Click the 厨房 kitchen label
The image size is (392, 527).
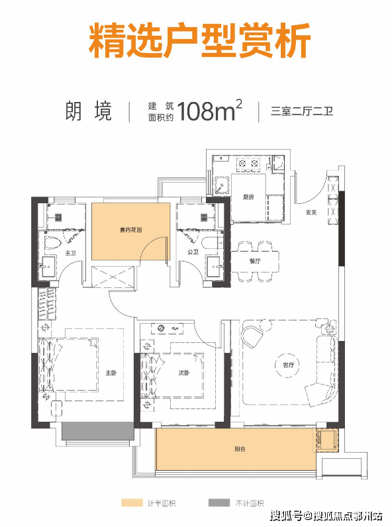[248, 197]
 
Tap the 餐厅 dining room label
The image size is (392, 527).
[255, 261]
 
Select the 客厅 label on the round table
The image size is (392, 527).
[289, 365]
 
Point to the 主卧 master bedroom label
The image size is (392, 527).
[111, 373]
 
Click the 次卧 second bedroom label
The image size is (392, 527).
[184, 373]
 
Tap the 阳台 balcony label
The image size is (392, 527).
[240, 449]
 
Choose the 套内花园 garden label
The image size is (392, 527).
[131, 230]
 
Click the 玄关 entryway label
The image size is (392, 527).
[311, 213]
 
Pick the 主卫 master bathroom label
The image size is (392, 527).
[71, 253]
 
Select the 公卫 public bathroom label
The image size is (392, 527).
[193, 252]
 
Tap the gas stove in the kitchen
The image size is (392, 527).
[249, 164]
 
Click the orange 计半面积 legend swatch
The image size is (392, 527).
[132, 503]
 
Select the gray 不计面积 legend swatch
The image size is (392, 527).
[219, 503]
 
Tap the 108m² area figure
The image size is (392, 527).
[209, 110]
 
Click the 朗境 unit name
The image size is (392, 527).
[89, 111]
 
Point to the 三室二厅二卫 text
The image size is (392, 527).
[302, 111]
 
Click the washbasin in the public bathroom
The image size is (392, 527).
[214, 267]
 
